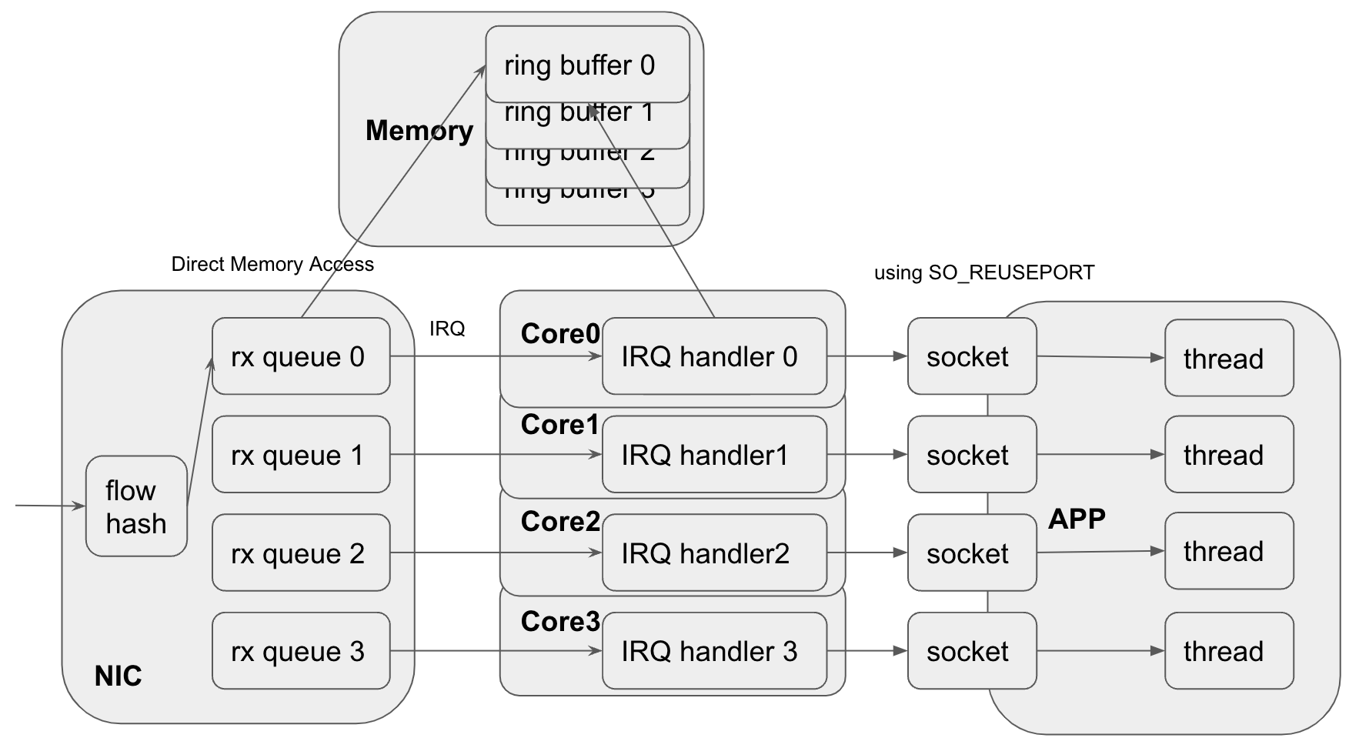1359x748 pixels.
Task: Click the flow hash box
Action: tap(136, 506)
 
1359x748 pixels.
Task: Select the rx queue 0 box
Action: tap(301, 356)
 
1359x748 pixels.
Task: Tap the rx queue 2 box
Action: tap(301, 553)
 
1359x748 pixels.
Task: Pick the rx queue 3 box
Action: tap(301, 651)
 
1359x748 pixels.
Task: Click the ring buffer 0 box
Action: tap(586, 65)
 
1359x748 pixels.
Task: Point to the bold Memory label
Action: tap(419, 130)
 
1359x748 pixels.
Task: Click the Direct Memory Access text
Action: tap(272, 264)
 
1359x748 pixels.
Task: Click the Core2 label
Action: tap(559, 522)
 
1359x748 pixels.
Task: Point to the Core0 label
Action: tap(559, 334)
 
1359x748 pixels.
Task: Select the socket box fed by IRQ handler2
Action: tap(971, 553)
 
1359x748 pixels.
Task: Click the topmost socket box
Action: tap(971, 356)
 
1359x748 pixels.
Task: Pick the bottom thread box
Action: tap(1228, 651)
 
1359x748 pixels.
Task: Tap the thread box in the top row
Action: tap(1228, 358)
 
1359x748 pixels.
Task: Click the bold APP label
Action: tap(1077, 519)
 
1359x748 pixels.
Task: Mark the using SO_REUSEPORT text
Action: tap(983, 272)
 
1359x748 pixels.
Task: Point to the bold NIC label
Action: tap(118, 676)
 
